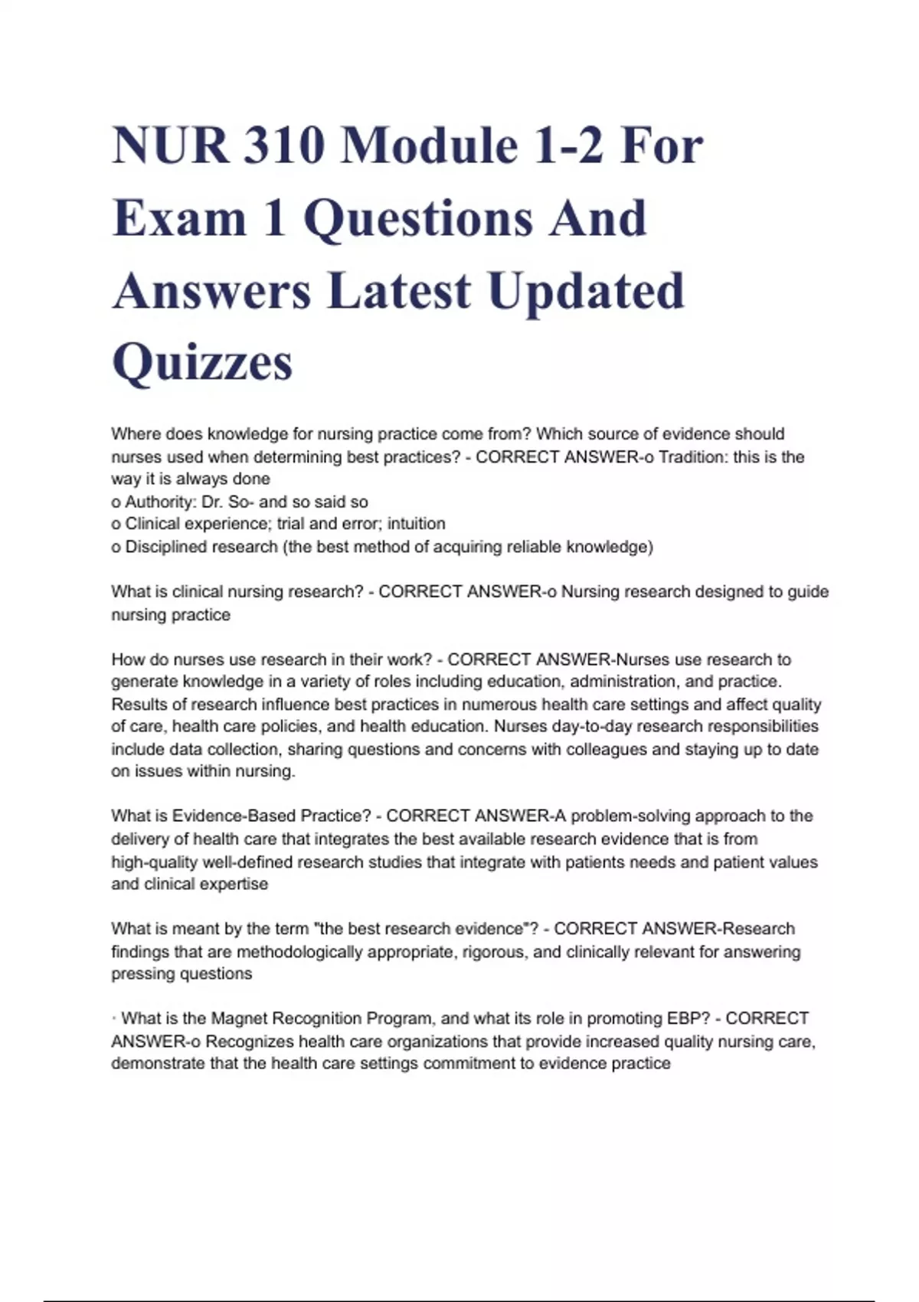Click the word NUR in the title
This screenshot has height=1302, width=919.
tap(170, 146)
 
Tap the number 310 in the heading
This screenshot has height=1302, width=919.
tap(283, 146)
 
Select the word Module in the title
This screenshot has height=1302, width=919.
tap(428, 146)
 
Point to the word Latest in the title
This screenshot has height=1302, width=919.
tap(399, 291)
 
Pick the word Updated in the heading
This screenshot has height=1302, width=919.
tap(586, 291)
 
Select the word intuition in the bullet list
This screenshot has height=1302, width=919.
tap(416, 525)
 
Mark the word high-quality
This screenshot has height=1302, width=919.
tap(154, 862)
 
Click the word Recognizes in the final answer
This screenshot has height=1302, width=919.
tap(249, 1042)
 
